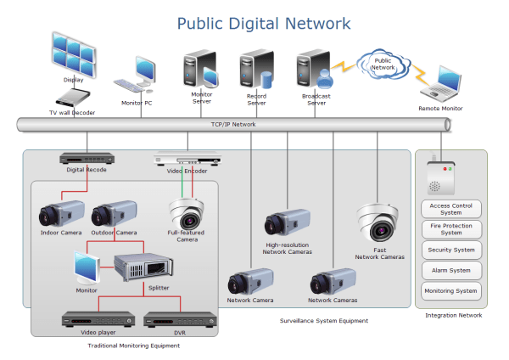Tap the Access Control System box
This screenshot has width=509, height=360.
tap(451, 209)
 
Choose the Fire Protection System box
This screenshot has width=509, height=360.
tap(451, 229)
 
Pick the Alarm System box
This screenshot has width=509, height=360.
tap(451, 271)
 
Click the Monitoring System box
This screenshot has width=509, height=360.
tap(451, 291)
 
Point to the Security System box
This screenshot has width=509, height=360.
tap(451, 250)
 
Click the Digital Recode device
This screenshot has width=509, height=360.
tap(87, 158)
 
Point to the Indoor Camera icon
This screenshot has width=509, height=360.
tap(61, 213)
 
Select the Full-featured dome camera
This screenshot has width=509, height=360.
tap(187, 213)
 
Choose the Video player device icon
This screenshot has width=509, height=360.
tap(98, 319)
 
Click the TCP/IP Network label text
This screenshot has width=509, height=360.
tap(232, 125)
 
